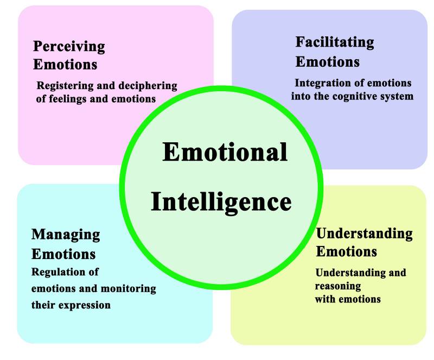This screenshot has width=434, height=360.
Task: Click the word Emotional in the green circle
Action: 225,152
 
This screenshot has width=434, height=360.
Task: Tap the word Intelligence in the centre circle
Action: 221,201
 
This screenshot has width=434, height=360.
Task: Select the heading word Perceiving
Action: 69,47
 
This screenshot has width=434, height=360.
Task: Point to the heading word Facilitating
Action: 335,42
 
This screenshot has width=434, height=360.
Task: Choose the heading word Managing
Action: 66,235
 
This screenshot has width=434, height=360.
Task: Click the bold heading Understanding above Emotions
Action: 364,233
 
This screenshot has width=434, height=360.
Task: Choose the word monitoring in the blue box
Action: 128,288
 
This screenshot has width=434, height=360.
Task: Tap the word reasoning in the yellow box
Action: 337,286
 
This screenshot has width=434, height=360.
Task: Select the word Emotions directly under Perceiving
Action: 65,64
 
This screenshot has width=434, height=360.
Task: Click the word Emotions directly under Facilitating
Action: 327,61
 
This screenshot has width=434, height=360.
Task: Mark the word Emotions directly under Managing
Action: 63,254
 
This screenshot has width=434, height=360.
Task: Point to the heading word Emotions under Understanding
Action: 346,252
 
